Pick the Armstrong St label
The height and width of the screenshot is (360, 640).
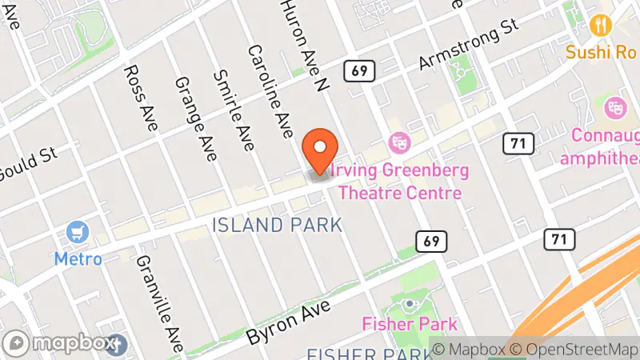pyautogui.click(x=468, y=48)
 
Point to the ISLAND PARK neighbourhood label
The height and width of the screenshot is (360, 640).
pyautogui.click(x=278, y=226)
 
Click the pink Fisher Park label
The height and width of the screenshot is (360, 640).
pyautogui.click(x=410, y=324)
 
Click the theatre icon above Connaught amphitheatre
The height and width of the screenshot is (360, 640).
pyautogui.click(x=615, y=106)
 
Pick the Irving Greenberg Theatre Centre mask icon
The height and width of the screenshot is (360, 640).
pyautogui.click(x=398, y=143)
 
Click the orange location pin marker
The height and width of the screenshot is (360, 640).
pyautogui.click(x=321, y=150)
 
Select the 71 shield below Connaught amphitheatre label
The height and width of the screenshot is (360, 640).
pyautogui.click(x=558, y=238)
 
